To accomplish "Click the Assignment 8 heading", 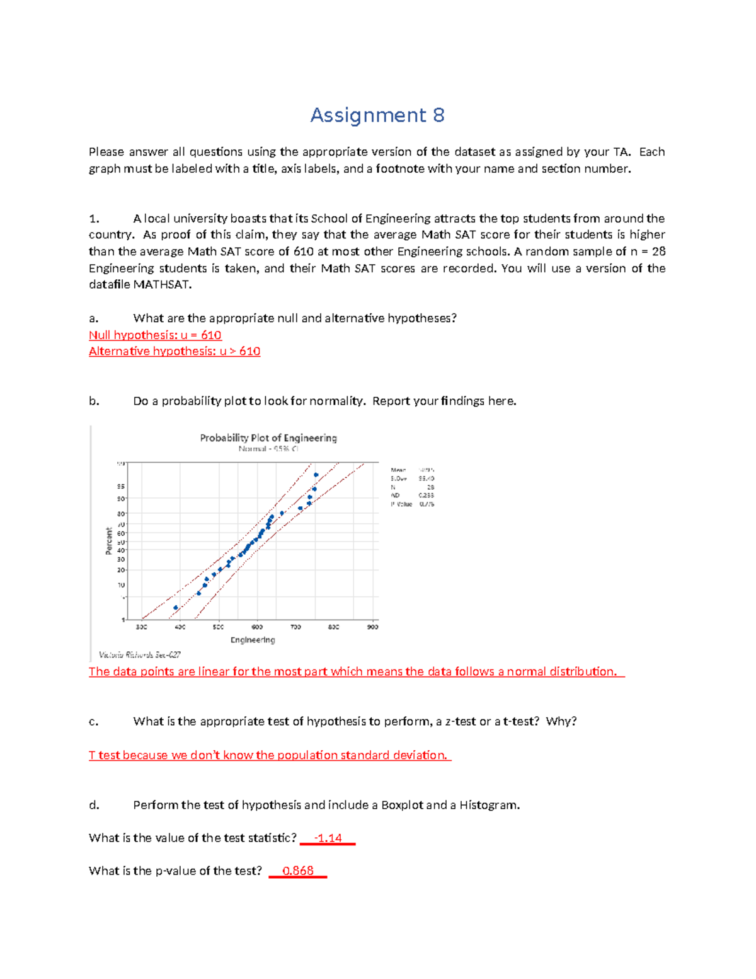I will click(x=377, y=115).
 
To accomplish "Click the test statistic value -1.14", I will click(x=328, y=838).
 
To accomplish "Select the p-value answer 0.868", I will click(x=297, y=871).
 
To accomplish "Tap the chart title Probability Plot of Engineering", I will click(x=268, y=438).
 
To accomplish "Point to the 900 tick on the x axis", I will click(x=373, y=627).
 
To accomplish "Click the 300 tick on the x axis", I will click(x=142, y=627).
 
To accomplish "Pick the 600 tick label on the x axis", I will click(x=257, y=627).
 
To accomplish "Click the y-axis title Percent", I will click(x=109, y=542).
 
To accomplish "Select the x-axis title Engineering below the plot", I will click(x=253, y=640).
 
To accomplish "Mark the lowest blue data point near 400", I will click(x=176, y=608).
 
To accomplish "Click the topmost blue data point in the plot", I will click(x=316, y=475).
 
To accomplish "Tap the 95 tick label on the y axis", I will click(x=120, y=487).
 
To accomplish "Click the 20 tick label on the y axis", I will click(x=120, y=570).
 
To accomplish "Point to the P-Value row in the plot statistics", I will click(x=413, y=504).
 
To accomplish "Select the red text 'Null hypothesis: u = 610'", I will click(x=155, y=335).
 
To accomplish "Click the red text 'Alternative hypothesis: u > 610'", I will click(x=175, y=352).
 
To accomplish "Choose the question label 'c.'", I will click(x=93, y=722).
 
